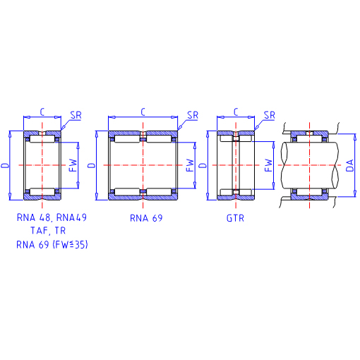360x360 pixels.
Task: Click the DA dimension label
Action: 350,165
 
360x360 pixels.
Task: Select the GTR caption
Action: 235,218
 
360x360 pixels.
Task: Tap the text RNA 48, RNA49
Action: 52,217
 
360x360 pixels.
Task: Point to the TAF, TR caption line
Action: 48,231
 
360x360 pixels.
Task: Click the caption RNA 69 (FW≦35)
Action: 52,244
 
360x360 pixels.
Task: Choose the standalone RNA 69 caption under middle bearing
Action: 146,218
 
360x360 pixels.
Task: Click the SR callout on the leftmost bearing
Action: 76,115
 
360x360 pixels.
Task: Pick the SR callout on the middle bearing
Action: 193,115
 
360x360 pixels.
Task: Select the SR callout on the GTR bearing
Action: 270,115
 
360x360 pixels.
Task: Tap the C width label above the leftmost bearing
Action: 42,112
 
